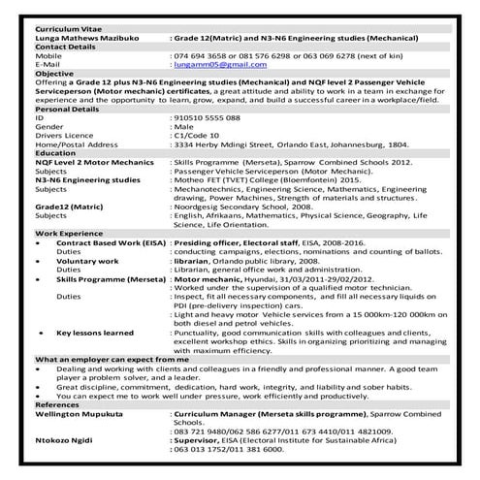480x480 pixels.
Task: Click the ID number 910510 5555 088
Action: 205,117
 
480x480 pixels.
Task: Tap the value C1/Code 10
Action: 194,135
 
